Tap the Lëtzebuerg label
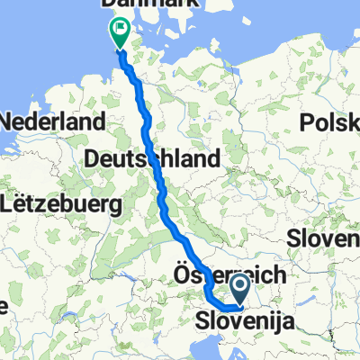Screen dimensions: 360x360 tap(62, 205)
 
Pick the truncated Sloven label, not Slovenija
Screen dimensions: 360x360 tap(324, 239)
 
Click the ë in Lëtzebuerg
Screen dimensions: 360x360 tap(26, 205)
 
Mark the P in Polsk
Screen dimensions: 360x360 tap(310, 121)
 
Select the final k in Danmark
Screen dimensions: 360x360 tap(156, 4)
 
